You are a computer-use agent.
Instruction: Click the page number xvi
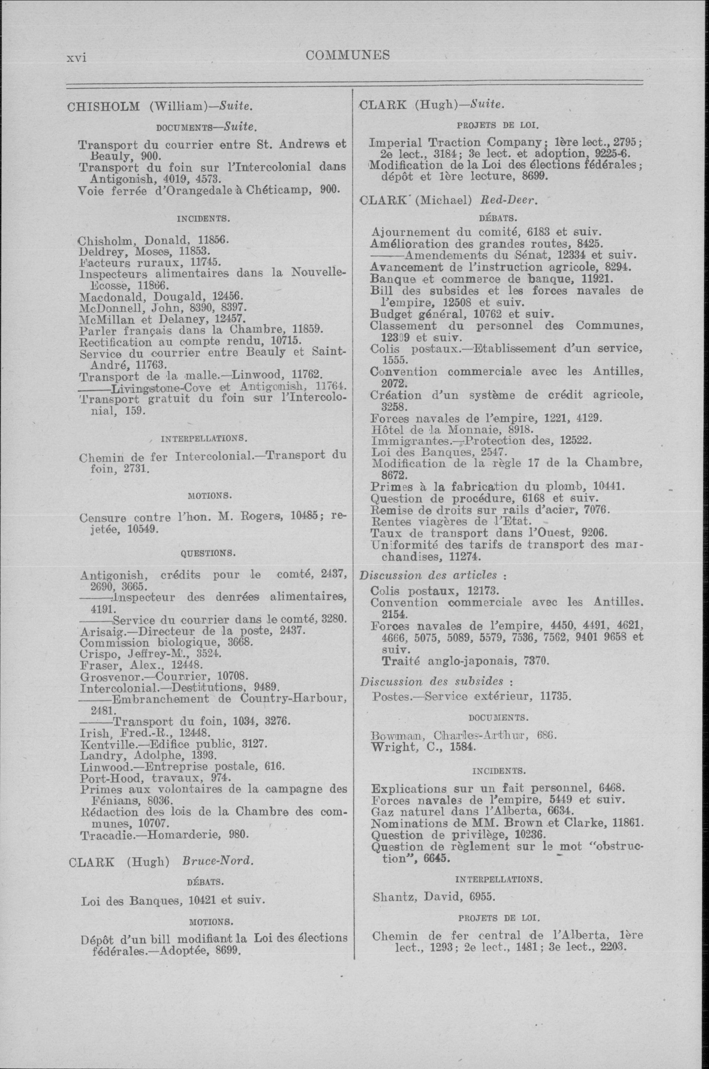point(76,58)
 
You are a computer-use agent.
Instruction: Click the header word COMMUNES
point(347,56)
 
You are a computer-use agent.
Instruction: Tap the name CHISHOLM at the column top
point(103,107)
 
